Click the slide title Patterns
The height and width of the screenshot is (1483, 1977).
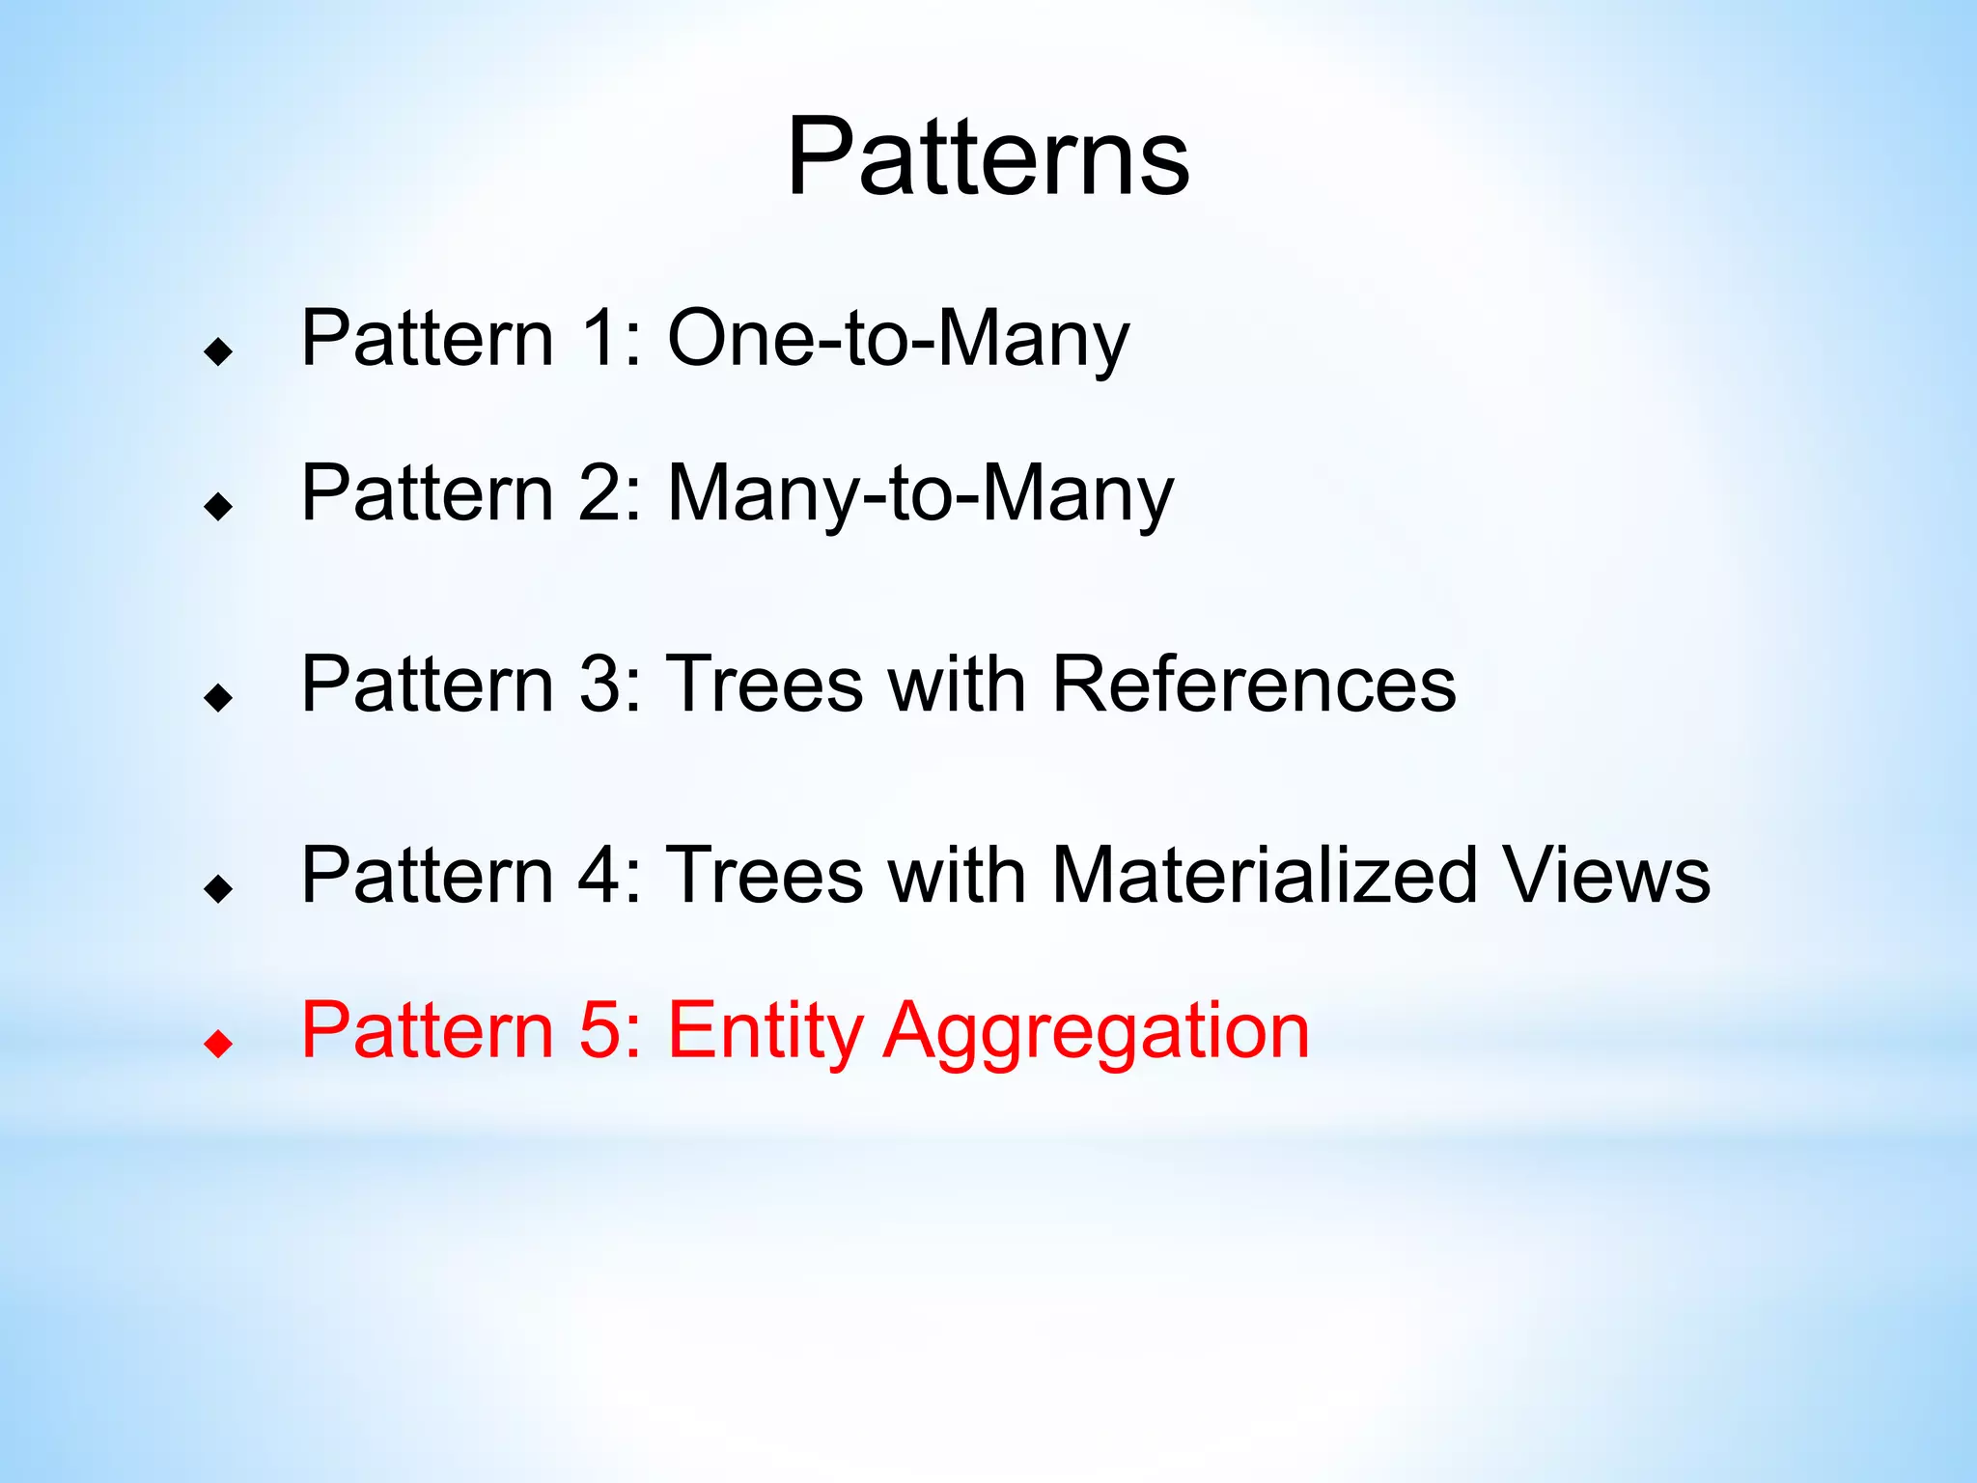point(988,156)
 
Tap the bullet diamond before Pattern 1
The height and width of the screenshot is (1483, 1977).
point(219,351)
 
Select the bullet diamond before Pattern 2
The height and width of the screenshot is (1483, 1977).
point(219,505)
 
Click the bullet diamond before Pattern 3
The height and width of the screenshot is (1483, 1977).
point(219,696)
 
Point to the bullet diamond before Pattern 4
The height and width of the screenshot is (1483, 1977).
point(219,887)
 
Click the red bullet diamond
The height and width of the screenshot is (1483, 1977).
point(219,1043)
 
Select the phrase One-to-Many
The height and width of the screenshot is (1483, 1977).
point(898,339)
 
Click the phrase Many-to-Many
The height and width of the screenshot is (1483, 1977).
point(920,493)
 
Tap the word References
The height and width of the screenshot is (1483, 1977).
point(1253,685)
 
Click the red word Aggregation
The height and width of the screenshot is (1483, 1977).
point(1097,1031)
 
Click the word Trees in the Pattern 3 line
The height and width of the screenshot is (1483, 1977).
point(766,685)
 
